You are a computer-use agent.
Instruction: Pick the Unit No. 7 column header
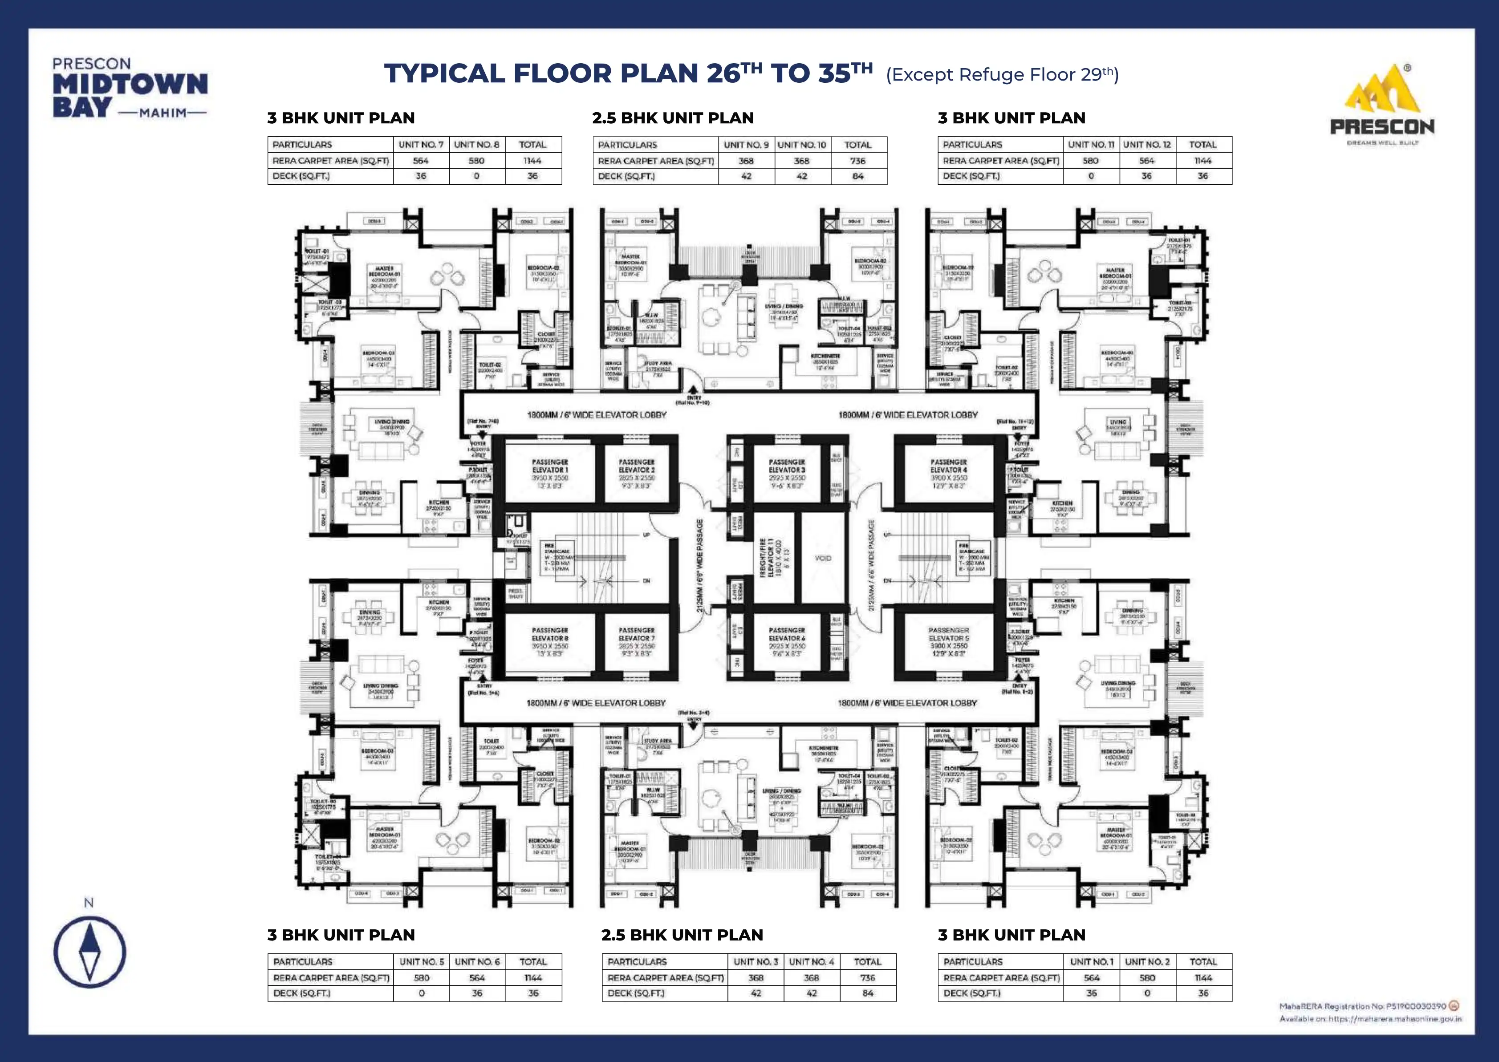point(421,145)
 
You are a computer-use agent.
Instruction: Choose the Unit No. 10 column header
point(802,145)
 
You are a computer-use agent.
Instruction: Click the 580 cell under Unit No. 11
point(1090,160)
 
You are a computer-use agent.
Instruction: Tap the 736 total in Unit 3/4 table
point(867,977)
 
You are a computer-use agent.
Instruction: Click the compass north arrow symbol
point(89,952)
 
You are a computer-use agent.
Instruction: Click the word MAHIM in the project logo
point(162,113)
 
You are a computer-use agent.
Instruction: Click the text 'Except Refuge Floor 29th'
point(1002,74)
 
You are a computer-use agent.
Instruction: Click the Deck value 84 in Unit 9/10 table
point(857,176)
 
